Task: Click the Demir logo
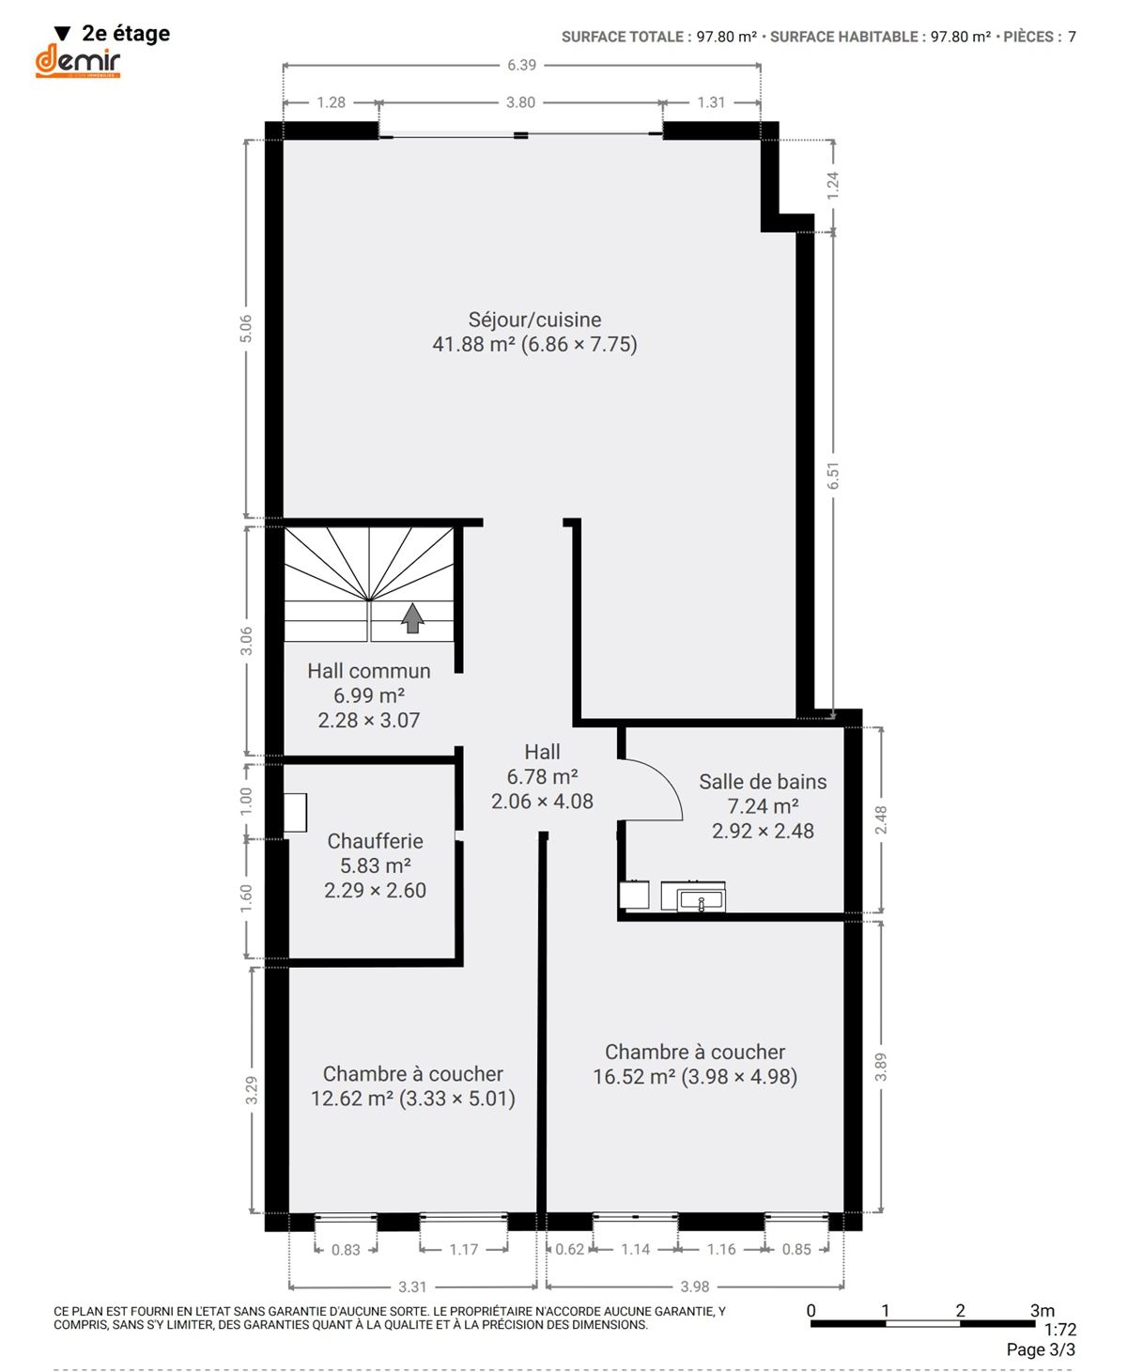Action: (x=77, y=60)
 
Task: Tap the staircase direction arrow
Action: (x=411, y=617)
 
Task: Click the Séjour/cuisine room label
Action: (x=534, y=320)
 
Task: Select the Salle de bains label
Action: (x=763, y=781)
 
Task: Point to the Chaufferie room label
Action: (x=376, y=840)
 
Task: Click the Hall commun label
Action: (x=369, y=671)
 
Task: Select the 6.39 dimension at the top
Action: (x=521, y=65)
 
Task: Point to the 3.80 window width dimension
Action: (x=521, y=102)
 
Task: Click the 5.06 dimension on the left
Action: (x=245, y=329)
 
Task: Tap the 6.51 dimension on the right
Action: (x=833, y=476)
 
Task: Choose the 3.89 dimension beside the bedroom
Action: (x=881, y=1067)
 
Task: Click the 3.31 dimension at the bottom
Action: (x=412, y=1286)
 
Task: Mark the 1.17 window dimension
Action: (x=464, y=1249)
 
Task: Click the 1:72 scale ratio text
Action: (x=1060, y=1329)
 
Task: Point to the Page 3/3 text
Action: (x=1041, y=1349)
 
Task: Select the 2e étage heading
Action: (x=126, y=33)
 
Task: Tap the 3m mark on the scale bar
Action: (x=1042, y=1310)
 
